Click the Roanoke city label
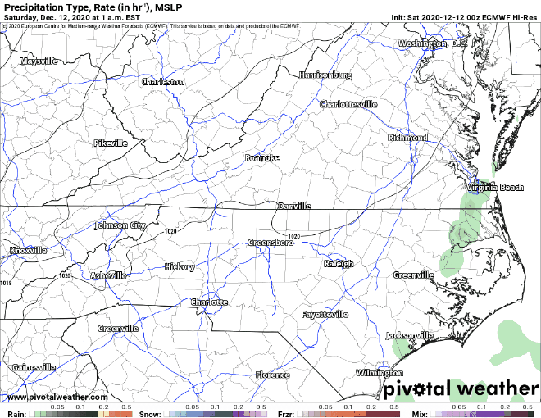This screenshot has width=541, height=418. coord(262,157)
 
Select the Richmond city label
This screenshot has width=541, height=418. coord(408,137)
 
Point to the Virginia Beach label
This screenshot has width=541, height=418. coord(494,188)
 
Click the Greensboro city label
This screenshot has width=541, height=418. coord(271,243)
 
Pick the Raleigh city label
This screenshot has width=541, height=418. coord(338,263)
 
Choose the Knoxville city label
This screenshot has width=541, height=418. coord(29,250)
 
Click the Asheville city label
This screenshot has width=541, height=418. coord(109,275)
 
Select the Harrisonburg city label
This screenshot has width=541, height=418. coord(325,75)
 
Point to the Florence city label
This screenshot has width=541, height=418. coord(272,375)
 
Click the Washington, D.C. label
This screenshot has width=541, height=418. coord(432,43)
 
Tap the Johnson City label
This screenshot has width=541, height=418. coord(120,225)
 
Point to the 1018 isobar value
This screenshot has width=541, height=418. coord(7,283)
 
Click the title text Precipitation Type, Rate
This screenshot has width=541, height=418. coord(82,7)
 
